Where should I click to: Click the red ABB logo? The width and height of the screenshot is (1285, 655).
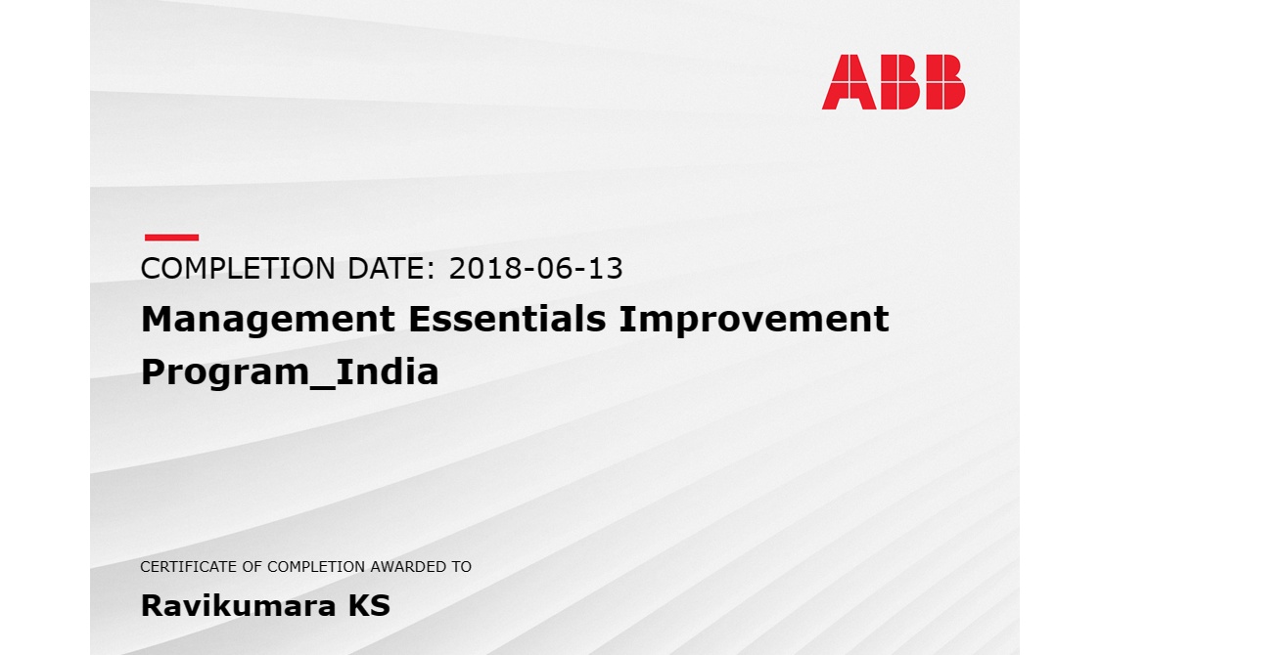tap(894, 82)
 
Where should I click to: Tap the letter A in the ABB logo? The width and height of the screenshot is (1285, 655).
tap(849, 82)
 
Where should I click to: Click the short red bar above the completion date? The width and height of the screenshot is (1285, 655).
tap(171, 238)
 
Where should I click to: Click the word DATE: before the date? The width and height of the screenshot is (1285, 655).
tap(391, 268)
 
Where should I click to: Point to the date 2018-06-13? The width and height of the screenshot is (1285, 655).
tap(535, 268)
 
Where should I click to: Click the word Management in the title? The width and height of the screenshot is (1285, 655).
tap(268, 320)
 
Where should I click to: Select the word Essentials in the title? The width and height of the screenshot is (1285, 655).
tap(507, 319)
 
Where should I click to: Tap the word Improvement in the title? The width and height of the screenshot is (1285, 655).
tap(754, 320)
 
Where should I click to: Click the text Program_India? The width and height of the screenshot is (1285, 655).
tap(290, 373)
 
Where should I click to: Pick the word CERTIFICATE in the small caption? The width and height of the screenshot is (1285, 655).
tap(189, 567)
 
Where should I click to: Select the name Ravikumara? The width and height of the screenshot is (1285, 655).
tap(238, 606)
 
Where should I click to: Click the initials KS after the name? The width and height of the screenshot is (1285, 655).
tap(369, 606)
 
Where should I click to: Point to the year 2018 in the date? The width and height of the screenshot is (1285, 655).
tap(484, 268)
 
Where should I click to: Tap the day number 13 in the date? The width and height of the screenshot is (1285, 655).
tap(605, 268)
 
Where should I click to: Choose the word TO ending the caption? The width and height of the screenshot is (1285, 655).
tap(461, 567)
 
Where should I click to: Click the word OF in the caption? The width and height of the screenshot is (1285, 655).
tap(252, 567)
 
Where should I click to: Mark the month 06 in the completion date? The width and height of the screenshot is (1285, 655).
tap(554, 268)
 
